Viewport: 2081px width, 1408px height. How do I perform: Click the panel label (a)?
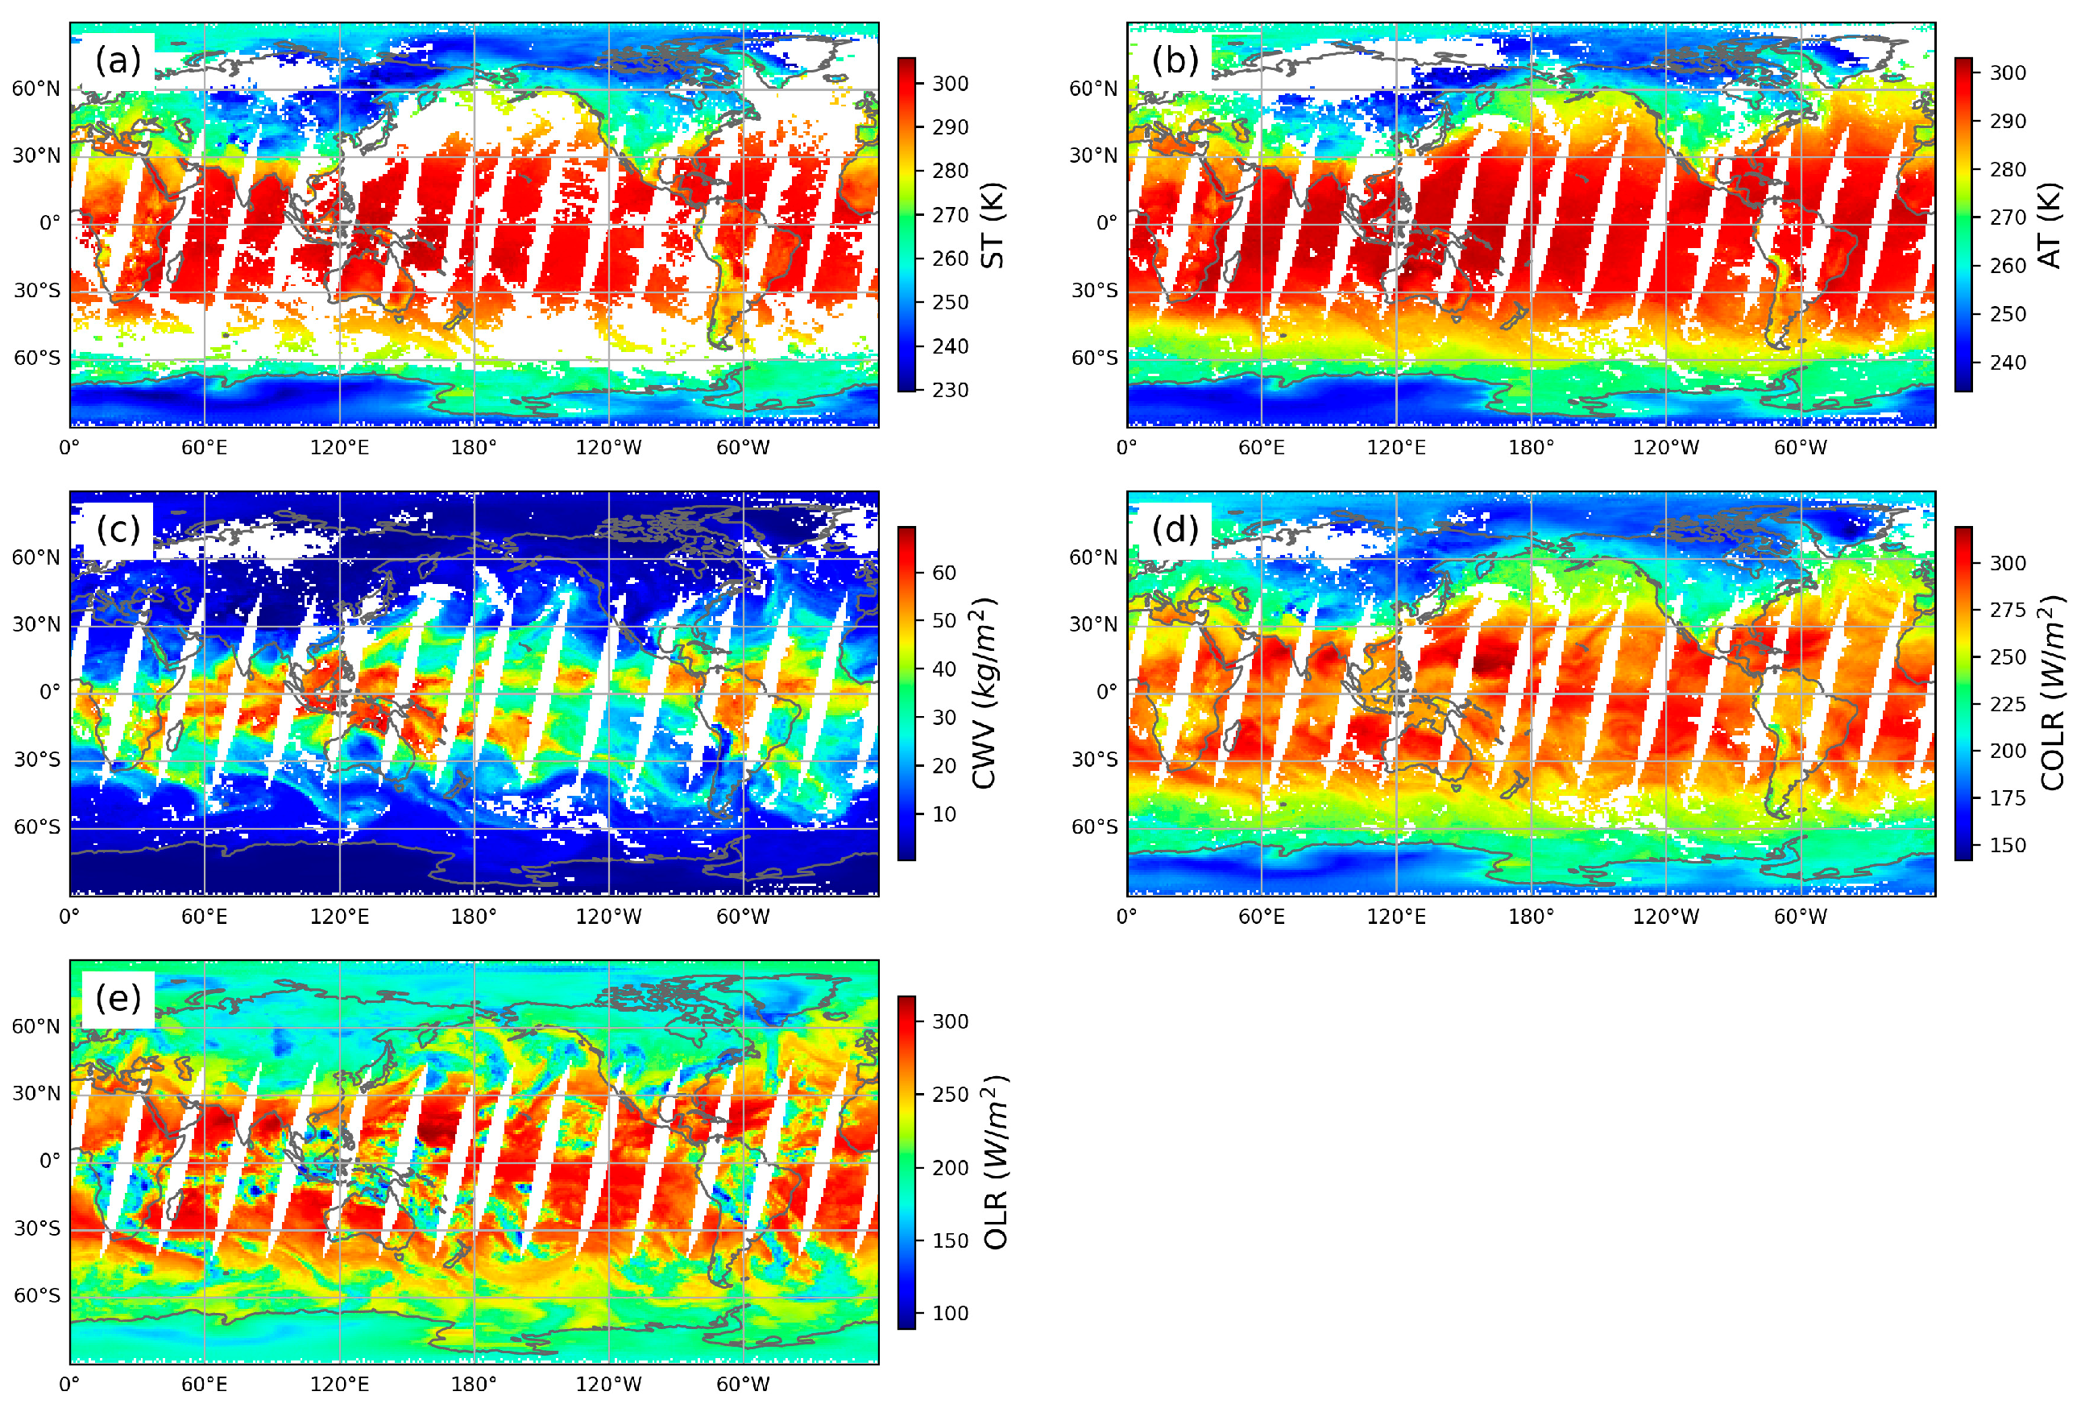(118, 61)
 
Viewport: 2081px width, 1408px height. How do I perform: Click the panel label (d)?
(1175, 530)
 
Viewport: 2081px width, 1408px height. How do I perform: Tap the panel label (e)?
(118, 998)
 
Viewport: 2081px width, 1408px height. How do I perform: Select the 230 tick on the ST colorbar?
(949, 391)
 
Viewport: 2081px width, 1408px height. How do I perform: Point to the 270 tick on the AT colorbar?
(2007, 217)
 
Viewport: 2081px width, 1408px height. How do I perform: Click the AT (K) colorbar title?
(2050, 226)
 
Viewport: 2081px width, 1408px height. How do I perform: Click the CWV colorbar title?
(986, 694)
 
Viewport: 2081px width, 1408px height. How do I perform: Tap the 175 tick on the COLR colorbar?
(2007, 798)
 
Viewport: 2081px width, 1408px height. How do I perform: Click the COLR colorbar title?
(2051, 694)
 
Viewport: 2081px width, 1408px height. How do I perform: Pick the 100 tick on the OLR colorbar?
(949, 1313)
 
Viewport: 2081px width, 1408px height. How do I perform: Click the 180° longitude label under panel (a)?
(474, 448)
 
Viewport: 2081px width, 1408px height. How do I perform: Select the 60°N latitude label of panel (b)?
(1092, 89)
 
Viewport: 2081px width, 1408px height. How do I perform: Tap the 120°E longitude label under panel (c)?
(339, 917)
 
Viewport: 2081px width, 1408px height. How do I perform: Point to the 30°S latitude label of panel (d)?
(1094, 760)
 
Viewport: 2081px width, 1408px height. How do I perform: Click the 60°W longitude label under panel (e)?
(742, 1385)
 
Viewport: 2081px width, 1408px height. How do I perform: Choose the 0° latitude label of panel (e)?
(50, 1161)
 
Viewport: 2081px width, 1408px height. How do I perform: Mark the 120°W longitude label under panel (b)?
(1665, 448)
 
